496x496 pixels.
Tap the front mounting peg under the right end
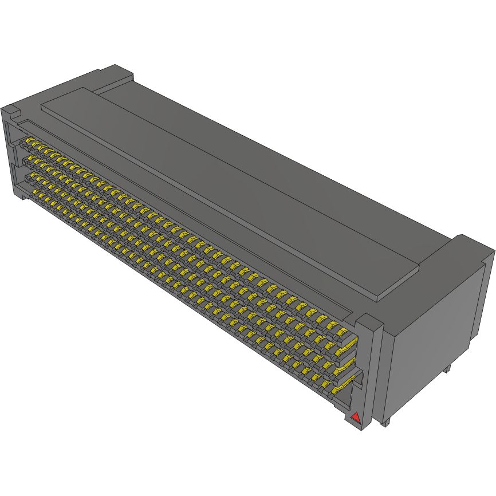pyautogui.click(x=384, y=423)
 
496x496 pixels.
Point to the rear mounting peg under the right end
pyautogui.click(x=447, y=368)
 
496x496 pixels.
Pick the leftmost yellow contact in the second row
pyautogui.click(x=25, y=156)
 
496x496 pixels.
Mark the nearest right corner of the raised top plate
pyautogui.click(x=378, y=298)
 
